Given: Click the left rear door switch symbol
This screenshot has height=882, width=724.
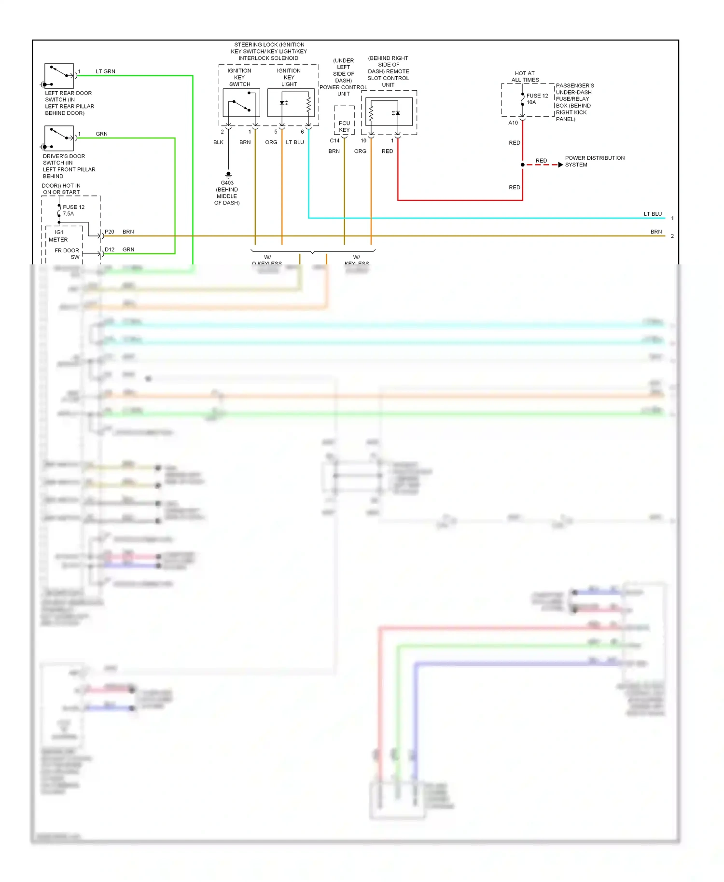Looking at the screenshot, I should coord(59,75).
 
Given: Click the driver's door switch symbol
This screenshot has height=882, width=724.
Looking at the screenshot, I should coord(59,138).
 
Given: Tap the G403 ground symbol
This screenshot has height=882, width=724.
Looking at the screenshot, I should coord(228,175).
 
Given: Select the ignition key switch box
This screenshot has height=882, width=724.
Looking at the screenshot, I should coord(241,102).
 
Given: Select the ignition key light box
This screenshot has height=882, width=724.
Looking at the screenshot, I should coord(291,102).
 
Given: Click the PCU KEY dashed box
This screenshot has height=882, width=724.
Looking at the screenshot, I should coord(344,121).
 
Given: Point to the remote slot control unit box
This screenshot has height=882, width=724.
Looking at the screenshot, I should coord(389,111).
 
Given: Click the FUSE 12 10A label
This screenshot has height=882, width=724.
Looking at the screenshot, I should coord(537,99).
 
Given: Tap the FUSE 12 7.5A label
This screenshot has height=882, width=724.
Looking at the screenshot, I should coord(73,210).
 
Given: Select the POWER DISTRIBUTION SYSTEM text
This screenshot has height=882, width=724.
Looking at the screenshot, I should coord(595,161).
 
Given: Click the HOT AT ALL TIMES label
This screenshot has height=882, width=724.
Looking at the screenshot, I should coord(525,77).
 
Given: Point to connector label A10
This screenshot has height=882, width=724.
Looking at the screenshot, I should coord(513,123).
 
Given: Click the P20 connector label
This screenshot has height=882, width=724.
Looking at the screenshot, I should coord(110,232).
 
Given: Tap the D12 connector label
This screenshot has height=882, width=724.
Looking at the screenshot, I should coord(110,249).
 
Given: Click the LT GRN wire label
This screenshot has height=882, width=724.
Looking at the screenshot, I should coord(105,71).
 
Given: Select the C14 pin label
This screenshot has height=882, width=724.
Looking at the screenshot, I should coord(334,141).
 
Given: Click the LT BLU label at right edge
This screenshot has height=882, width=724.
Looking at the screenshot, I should coord(653,214).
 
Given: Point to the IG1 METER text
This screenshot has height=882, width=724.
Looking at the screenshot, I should coord(58,236).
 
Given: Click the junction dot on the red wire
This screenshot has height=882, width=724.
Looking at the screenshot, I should coord(523,165).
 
